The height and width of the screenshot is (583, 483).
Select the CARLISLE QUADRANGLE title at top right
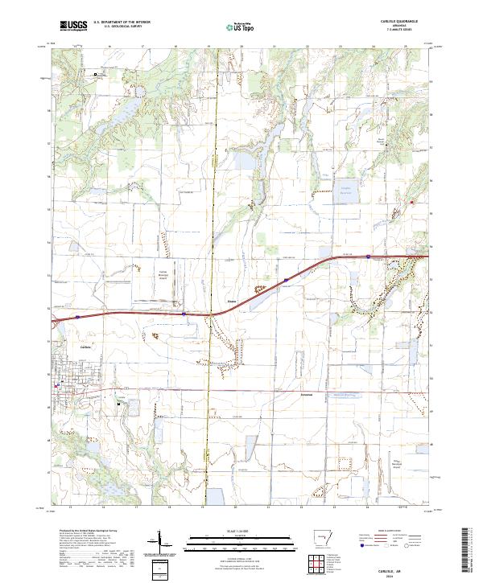[393, 22]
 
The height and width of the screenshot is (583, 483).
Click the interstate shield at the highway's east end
[366, 257]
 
